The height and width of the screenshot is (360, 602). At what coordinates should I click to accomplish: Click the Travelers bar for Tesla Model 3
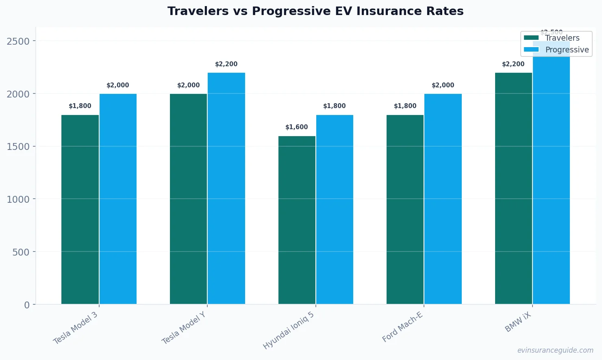click(x=80, y=209)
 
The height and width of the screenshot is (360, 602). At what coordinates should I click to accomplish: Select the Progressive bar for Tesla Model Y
click(x=226, y=188)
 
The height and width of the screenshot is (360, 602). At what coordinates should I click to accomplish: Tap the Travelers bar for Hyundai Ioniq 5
click(x=297, y=220)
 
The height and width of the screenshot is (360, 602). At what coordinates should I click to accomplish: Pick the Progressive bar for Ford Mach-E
click(x=443, y=199)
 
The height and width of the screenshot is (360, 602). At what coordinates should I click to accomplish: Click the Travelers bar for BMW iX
click(x=513, y=188)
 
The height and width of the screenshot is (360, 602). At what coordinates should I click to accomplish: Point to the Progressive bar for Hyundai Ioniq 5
click(x=335, y=209)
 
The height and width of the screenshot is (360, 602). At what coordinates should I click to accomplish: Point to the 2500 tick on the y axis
click(x=18, y=41)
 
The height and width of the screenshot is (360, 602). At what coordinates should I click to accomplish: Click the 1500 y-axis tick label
click(x=18, y=147)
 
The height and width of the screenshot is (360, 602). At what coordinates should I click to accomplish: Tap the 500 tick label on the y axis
click(x=21, y=252)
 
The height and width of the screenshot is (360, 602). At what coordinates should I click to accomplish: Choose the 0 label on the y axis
click(x=27, y=305)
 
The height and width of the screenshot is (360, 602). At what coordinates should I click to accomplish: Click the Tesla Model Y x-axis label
click(x=184, y=328)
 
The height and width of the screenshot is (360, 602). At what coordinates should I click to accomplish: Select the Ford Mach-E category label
click(x=402, y=327)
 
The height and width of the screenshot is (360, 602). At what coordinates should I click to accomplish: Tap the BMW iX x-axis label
click(x=518, y=323)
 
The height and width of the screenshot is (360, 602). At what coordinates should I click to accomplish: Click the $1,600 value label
click(x=297, y=127)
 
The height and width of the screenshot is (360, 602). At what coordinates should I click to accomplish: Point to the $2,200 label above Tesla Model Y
click(x=226, y=64)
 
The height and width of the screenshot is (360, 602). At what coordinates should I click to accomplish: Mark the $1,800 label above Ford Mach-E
click(x=405, y=106)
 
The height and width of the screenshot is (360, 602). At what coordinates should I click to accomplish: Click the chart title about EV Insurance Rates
click(x=315, y=11)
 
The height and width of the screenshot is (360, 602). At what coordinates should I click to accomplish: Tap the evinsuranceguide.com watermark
click(x=555, y=350)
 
